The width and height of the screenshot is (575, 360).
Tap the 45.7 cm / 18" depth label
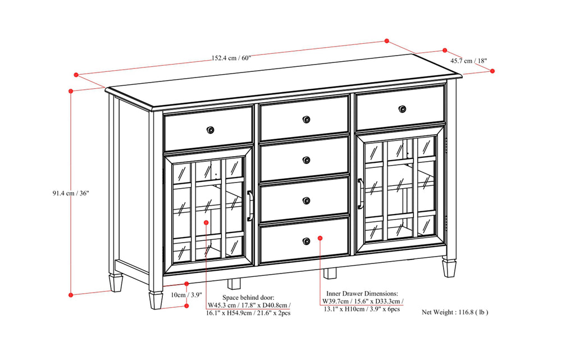tap(468, 60)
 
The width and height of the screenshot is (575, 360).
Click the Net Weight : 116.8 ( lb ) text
tap(455, 312)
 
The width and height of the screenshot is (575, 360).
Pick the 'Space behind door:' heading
tap(248, 297)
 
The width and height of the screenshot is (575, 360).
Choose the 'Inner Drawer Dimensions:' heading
tap(362, 293)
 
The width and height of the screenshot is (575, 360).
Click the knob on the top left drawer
tap(211, 130)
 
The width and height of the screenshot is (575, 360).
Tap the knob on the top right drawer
tap(403, 108)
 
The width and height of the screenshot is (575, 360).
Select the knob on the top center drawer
tap(306, 119)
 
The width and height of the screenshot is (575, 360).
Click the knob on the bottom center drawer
tap(306, 241)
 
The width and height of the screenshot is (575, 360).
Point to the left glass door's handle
tap(250, 206)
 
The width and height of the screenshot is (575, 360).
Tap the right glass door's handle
tap(360, 193)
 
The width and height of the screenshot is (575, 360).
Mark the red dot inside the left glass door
tap(206, 223)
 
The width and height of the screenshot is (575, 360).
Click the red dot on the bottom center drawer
tap(320, 238)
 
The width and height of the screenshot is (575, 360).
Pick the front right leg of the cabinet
tap(449, 267)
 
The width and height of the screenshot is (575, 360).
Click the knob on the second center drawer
tap(306, 160)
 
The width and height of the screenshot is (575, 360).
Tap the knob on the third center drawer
tap(306, 200)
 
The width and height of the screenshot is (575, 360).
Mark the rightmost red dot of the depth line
tap(492, 71)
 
